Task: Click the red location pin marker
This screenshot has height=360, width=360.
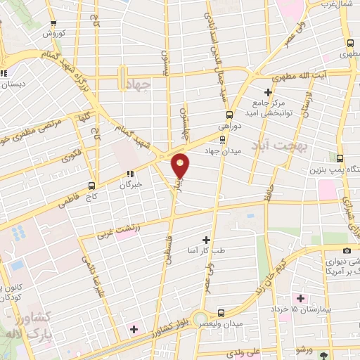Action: coord(181,166)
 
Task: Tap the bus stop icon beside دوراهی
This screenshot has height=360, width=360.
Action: coord(229,115)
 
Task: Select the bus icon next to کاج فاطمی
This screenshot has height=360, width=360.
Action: coord(93,186)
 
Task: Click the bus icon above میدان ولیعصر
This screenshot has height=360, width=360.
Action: coord(221,312)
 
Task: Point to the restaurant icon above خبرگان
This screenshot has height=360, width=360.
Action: coord(130,174)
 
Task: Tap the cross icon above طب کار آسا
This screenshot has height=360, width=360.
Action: coord(206,240)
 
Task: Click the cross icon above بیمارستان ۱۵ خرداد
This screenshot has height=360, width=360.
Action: coord(301,299)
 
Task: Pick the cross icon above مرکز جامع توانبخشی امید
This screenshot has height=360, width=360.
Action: coord(268,92)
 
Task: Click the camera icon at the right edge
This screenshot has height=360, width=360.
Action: coord(347,251)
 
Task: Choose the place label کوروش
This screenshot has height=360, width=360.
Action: coord(53,34)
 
